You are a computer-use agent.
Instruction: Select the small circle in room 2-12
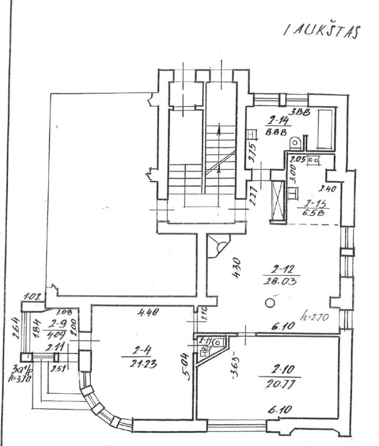[269, 303]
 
